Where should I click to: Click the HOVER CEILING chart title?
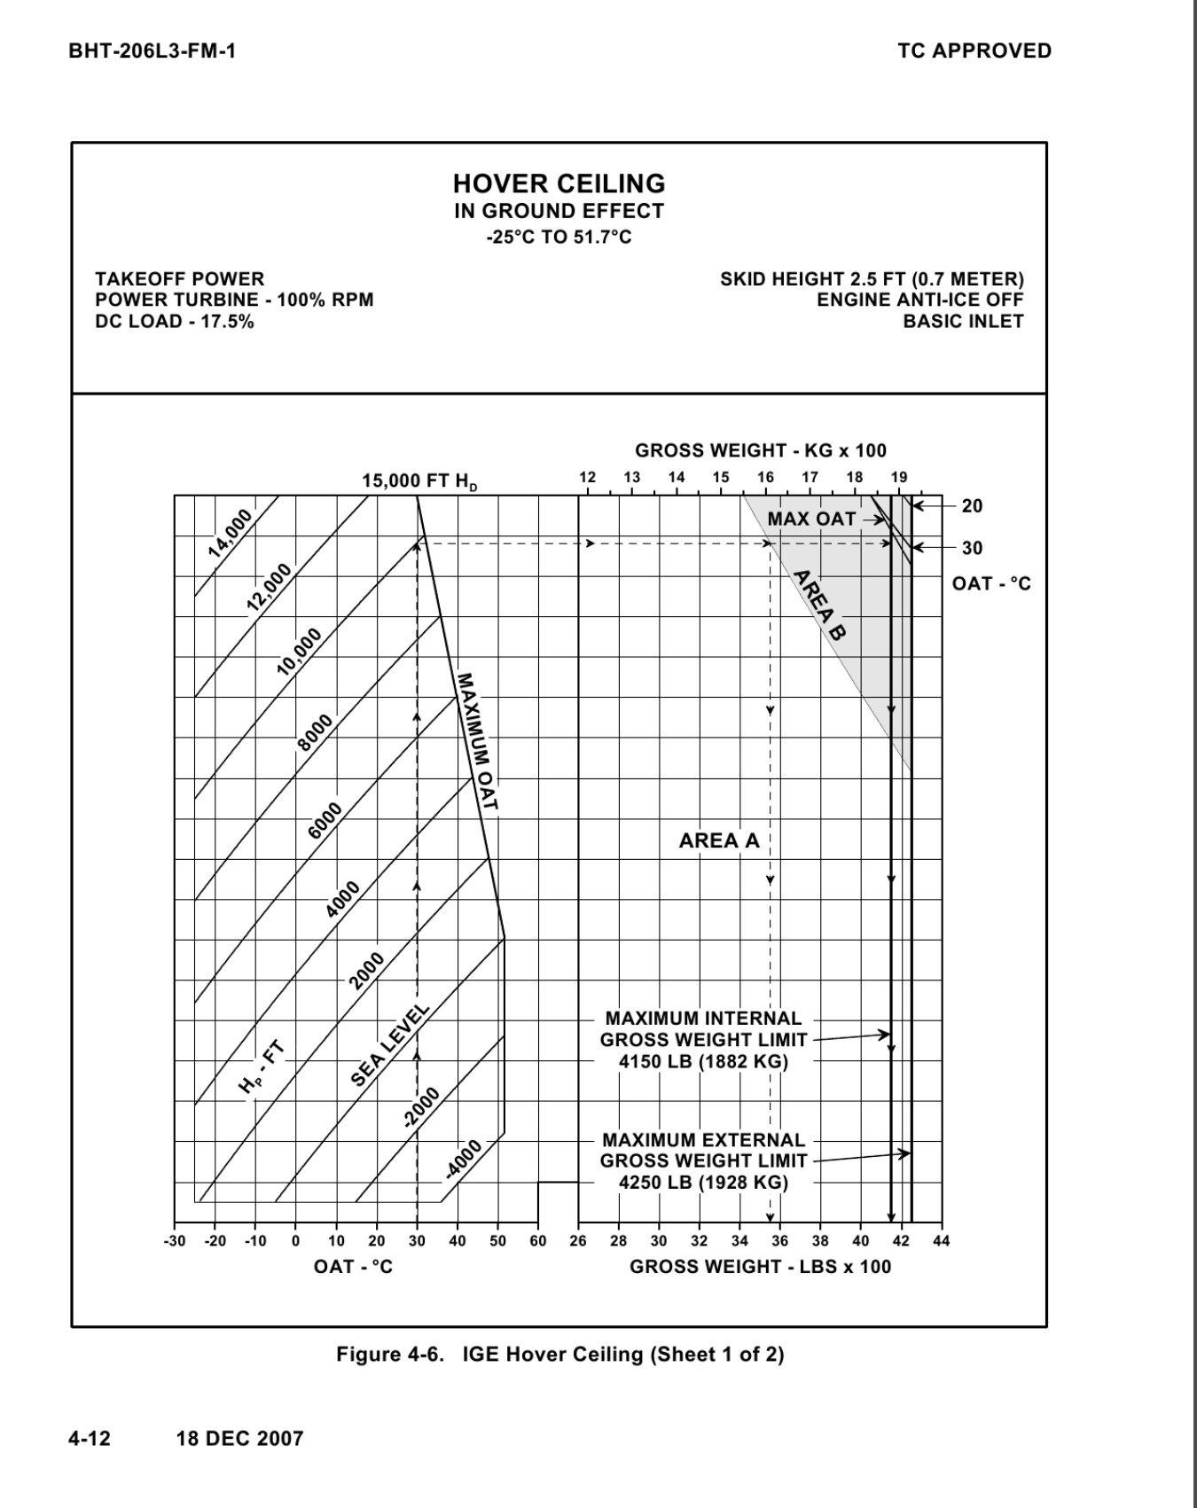point(559,184)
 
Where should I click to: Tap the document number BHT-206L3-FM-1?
point(152,51)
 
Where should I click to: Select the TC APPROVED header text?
point(974,51)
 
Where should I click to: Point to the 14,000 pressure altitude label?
point(231,534)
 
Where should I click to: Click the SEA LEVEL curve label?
point(390,1046)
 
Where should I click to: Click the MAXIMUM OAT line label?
point(477,743)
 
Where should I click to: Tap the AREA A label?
point(719,840)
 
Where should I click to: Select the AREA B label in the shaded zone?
point(818,605)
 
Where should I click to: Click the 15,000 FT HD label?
point(419,481)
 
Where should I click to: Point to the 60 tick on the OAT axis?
point(538,1241)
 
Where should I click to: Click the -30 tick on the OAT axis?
point(175,1241)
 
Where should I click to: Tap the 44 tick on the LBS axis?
point(942,1241)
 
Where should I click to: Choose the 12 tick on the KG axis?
point(587,477)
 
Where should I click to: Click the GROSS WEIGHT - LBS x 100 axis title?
point(760,1267)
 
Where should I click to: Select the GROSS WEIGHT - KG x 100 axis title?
point(761,450)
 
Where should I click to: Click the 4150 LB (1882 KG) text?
point(703,1061)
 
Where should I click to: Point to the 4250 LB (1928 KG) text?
point(703,1183)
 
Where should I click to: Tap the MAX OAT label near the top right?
point(812,520)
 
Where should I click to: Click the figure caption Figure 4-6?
point(559,1355)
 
